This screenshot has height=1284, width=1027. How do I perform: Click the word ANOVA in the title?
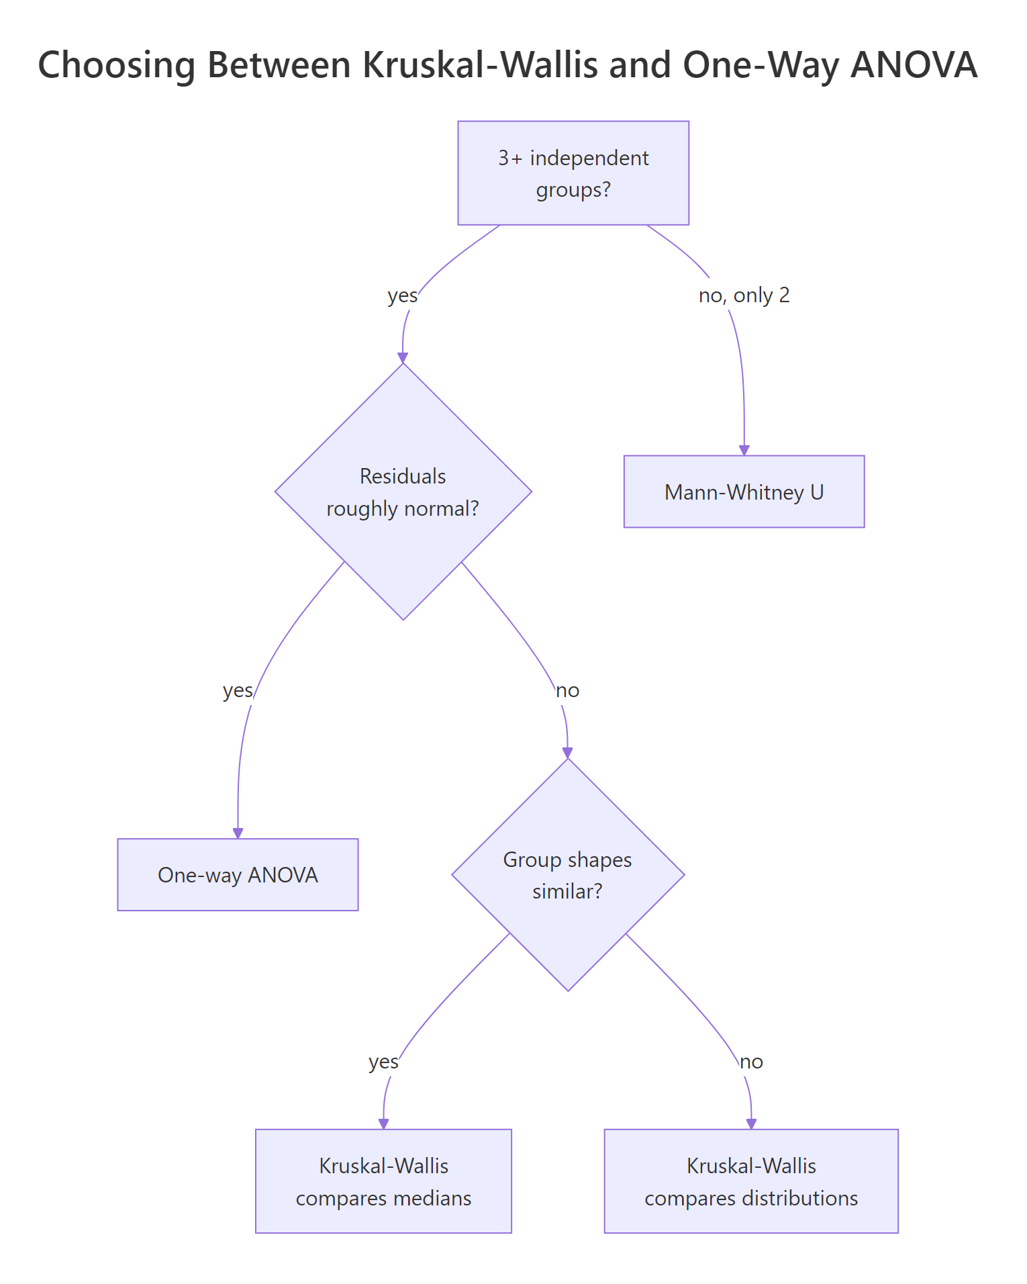[914, 65]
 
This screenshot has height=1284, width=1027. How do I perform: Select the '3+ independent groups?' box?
[573, 173]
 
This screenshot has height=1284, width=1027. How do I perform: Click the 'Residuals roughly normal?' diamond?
[403, 492]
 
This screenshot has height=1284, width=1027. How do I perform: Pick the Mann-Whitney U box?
[744, 492]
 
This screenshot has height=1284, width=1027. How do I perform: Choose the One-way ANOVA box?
[238, 875]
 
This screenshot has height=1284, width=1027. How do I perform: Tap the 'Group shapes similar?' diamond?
[568, 875]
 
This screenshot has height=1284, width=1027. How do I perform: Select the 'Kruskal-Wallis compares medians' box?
[383, 1181]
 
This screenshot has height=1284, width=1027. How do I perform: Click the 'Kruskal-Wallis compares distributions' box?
[751, 1181]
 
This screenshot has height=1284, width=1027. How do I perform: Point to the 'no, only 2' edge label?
[744, 295]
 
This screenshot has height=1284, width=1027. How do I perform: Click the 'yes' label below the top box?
[402, 295]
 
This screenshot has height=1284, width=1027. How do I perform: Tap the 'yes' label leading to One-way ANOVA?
[238, 690]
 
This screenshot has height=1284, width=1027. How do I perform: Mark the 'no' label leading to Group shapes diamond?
[568, 690]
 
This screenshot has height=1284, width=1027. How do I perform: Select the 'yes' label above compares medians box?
[383, 1062]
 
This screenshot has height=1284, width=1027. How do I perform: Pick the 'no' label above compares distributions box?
[751, 1062]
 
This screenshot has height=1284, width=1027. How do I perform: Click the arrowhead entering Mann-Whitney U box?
[744, 451]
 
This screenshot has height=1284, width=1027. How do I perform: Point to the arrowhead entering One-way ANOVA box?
[238, 833]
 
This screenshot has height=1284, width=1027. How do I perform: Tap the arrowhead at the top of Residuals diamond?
[403, 358]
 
